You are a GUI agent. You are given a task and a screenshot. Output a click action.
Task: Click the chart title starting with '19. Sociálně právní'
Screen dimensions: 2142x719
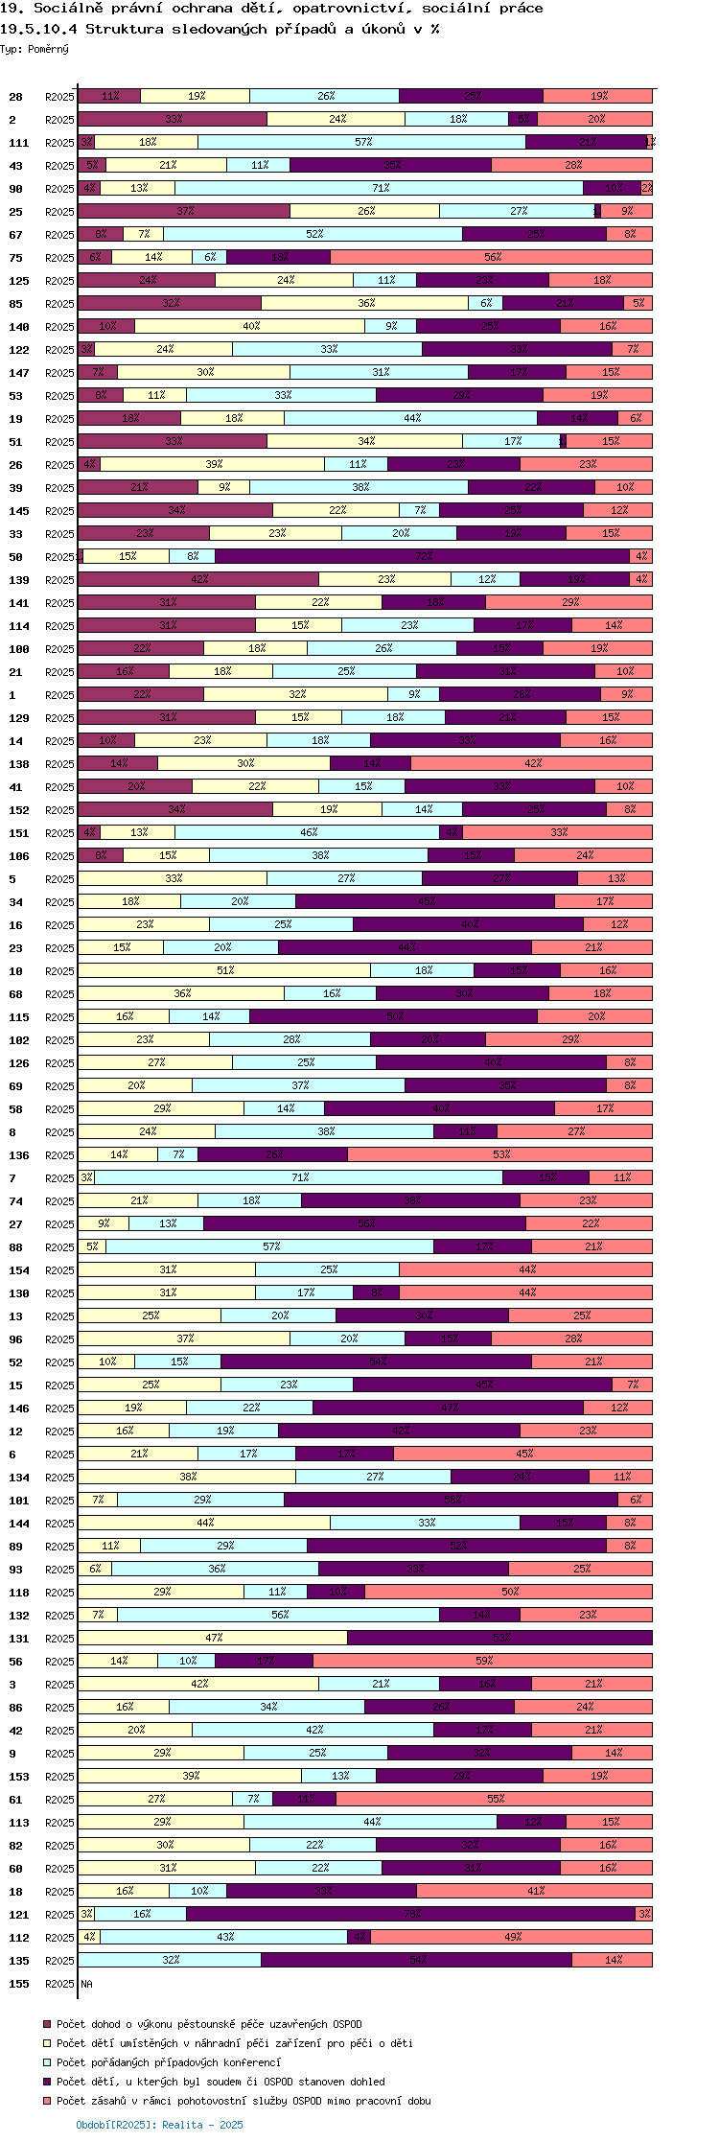271,9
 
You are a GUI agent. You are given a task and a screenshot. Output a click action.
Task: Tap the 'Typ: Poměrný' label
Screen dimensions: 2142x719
35,49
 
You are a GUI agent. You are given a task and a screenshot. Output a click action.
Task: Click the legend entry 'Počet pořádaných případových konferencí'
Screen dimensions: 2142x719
168,2062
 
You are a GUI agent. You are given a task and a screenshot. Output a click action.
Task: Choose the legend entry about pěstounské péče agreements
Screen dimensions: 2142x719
208,2024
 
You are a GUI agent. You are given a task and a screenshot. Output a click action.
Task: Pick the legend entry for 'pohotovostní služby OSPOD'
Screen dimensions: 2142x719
243,2101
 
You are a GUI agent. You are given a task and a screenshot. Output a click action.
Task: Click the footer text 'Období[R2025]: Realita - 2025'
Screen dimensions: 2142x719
159,2125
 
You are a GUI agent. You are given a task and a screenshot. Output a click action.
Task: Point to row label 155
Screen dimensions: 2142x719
18,1984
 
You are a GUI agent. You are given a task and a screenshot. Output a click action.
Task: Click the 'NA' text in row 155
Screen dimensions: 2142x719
86,1984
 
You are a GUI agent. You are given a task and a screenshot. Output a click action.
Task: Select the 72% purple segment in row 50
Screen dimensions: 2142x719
423,557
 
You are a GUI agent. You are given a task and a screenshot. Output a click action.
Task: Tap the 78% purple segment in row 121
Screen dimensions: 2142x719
411,1915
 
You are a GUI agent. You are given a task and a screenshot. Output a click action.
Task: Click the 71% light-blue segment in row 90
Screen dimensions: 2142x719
380,189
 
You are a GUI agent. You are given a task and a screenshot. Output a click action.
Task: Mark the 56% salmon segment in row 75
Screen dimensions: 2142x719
491,258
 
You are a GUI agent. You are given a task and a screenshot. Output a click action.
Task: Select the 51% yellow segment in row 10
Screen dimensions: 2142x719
224,971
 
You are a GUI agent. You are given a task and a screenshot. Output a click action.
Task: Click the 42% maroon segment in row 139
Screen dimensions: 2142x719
198,580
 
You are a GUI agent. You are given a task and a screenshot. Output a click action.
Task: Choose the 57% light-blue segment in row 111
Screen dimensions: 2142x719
362,143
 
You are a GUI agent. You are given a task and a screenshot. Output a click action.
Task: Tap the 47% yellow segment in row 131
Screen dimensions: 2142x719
213,1639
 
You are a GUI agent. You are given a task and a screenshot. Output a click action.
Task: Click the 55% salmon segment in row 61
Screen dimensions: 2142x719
494,1800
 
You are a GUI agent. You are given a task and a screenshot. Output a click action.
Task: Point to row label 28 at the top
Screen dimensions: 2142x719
15,97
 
